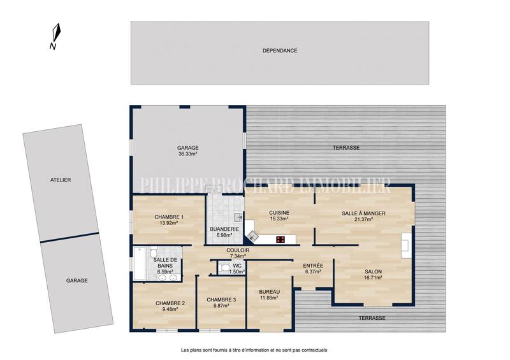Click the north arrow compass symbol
tap(56, 34)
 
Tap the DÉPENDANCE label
tap(280, 50)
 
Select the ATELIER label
tap(61, 180)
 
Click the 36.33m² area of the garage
tap(187, 154)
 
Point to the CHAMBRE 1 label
tap(168, 217)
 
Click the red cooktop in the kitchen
tap(280, 240)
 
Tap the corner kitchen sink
tap(254, 236)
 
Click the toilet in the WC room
tap(224, 268)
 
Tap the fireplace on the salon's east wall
tap(405, 243)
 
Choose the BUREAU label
tap(270, 291)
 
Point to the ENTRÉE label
tap(312, 266)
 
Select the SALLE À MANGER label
tap(363, 213)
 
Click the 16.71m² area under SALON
tap(373, 277)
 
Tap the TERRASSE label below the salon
tap(372, 317)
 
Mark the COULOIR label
tap(237, 250)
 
